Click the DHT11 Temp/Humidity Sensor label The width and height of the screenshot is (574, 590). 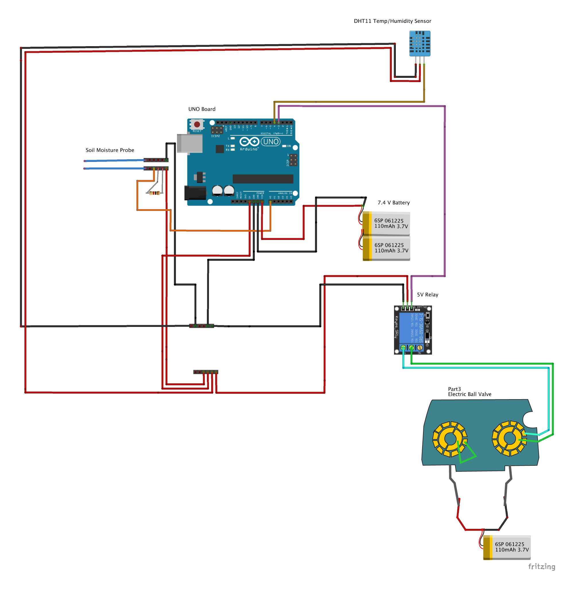click(392, 21)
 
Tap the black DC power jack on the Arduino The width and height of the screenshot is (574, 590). click(195, 193)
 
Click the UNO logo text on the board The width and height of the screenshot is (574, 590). click(271, 141)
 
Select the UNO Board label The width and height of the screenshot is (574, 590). click(202, 109)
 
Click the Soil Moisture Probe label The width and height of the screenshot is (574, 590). click(110, 150)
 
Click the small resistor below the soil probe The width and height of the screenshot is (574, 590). click(154, 193)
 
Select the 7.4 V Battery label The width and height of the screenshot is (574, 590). click(393, 203)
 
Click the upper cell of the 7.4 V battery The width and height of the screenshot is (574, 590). click(386, 224)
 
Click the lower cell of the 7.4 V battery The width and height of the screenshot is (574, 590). click(386, 248)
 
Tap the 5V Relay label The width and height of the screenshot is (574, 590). click(427, 294)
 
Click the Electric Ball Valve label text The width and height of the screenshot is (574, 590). click(470, 394)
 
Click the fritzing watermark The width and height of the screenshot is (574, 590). click(542, 566)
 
